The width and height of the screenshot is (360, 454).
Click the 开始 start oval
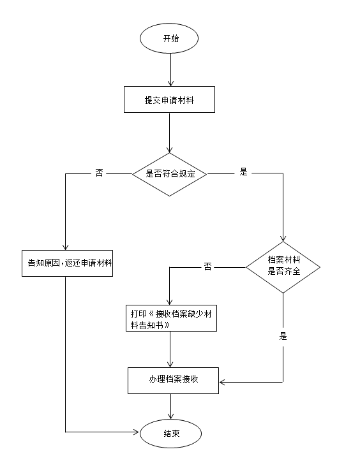(x=170, y=38)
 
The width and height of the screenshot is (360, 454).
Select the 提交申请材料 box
(x=169, y=99)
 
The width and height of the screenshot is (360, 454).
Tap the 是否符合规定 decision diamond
(x=169, y=173)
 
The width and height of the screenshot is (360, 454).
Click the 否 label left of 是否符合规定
(x=99, y=173)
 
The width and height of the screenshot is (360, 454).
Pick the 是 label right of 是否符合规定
(x=243, y=172)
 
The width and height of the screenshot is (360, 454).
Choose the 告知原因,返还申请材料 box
(x=66, y=263)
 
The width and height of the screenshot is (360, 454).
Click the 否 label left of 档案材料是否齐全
(x=207, y=267)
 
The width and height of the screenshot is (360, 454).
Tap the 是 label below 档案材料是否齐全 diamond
(x=283, y=336)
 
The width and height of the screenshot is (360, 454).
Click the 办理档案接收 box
(x=173, y=380)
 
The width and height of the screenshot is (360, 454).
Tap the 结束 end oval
(x=170, y=433)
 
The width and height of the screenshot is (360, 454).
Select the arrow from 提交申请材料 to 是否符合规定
(x=169, y=134)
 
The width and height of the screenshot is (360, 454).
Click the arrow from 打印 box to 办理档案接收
(x=170, y=349)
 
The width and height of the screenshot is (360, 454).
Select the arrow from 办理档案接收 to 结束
(x=170, y=406)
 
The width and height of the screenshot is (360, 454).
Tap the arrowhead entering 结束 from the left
(x=135, y=432)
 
